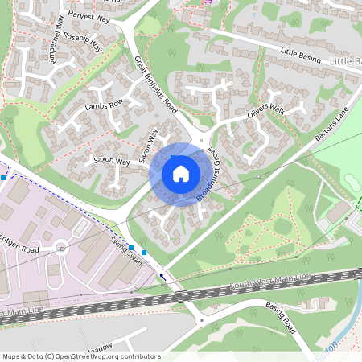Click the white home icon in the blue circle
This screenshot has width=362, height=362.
[181, 174]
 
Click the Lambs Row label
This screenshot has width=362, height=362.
[103, 105]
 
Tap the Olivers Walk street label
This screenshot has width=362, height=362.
[266, 113]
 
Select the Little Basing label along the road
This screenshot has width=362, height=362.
[300, 56]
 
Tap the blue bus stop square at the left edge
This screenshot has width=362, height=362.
[4, 176]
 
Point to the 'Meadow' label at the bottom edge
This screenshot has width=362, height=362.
[98, 347]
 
